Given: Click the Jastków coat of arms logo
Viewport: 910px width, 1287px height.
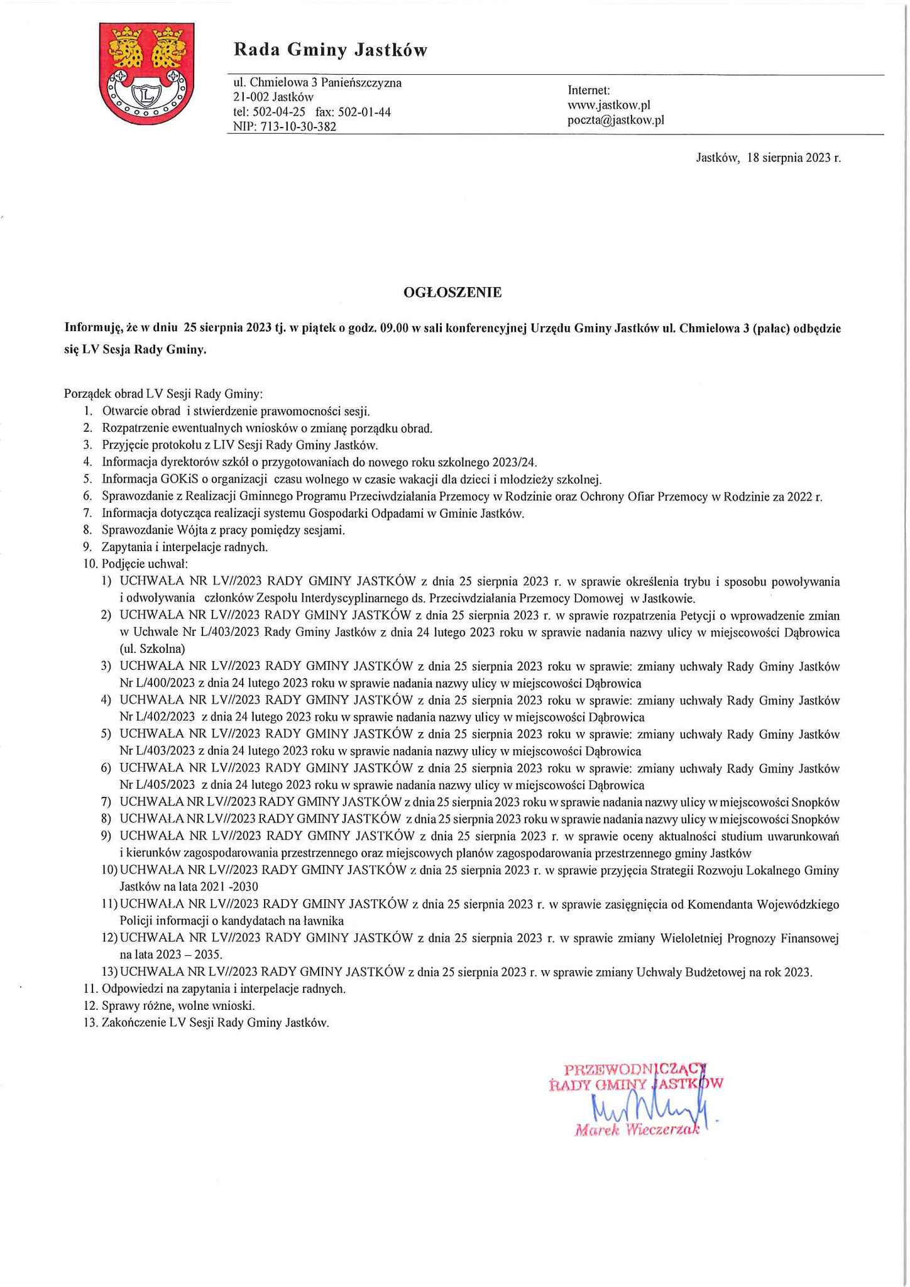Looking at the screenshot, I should point(146,74).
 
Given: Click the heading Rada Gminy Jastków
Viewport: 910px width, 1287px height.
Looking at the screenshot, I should point(330,50).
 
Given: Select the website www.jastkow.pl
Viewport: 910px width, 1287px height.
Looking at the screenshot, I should point(608,105).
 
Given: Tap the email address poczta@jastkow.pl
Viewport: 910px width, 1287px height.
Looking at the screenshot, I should point(615,120).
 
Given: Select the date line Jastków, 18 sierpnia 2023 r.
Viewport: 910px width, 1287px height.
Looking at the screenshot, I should point(768,158).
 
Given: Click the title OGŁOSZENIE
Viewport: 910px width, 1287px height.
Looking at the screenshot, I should point(452,292).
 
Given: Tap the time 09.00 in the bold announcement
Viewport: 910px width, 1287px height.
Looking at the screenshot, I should point(394,328).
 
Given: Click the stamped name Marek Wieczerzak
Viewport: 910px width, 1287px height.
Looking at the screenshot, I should point(636,1131).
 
